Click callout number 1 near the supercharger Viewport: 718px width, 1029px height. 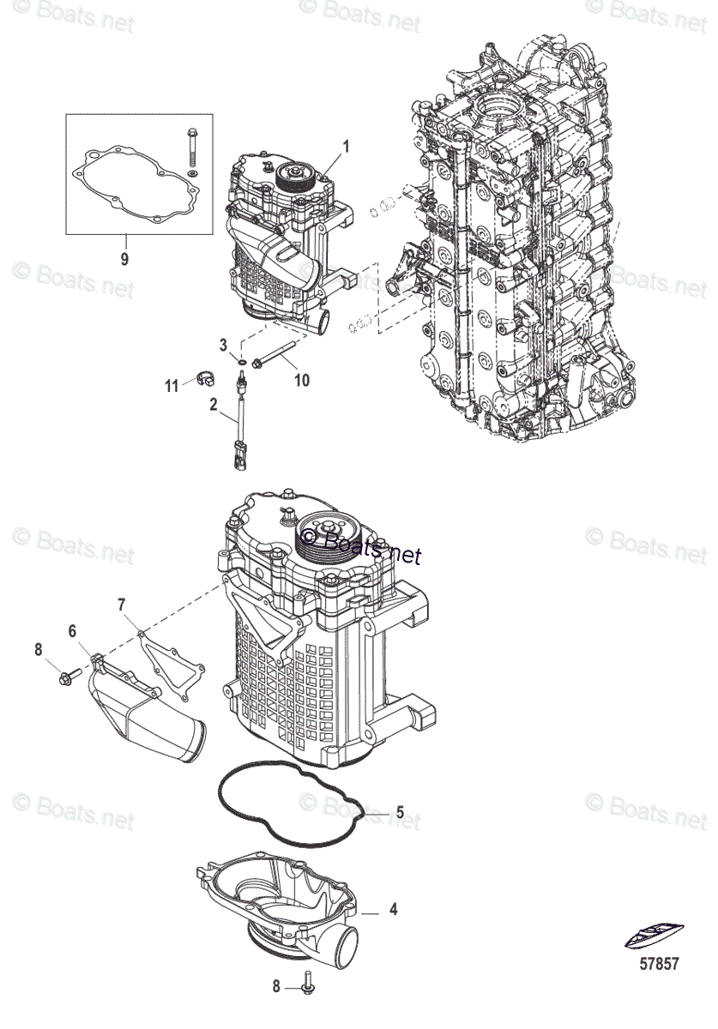tap(347, 146)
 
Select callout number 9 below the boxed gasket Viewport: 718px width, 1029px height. tap(124, 258)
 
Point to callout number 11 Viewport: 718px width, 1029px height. tap(172, 386)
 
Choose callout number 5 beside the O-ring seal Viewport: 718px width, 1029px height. tap(399, 811)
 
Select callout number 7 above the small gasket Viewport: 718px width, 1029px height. tap(121, 605)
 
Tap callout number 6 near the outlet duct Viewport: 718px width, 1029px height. tap(73, 632)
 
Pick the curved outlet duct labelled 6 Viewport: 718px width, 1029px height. tap(150, 707)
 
